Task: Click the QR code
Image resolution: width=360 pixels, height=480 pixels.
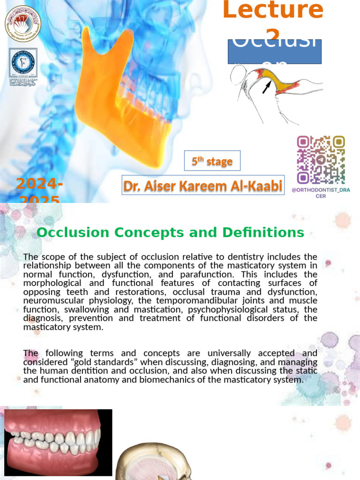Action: (x=321, y=159)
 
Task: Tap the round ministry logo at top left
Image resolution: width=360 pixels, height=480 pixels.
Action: (x=22, y=23)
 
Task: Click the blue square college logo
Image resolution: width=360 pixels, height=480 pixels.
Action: (x=23, y=63)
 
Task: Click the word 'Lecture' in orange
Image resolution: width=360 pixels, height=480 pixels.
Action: (x=272, y=11)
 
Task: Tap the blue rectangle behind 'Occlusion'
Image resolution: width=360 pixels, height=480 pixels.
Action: (x=274, y=52)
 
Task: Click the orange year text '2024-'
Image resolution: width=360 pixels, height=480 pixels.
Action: (x=39, y=184)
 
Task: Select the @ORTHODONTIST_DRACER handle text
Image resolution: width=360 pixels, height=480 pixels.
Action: (x=321, y=193)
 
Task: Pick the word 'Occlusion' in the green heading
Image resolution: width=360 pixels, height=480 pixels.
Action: (x=74, y=232)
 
